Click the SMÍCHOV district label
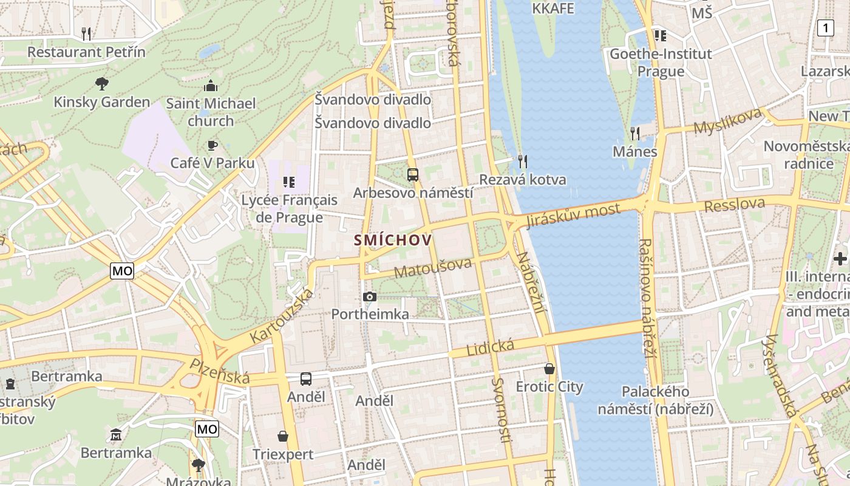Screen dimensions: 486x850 click(x=393, y=240)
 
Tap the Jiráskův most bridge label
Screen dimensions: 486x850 click(x=573, y=215)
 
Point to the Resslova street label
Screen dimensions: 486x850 click(x=734, y=205)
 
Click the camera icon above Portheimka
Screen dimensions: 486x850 click(x=369, y=296)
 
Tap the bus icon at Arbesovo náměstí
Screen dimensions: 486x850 click(x=413, y=175)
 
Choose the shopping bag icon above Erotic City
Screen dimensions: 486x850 click(x=549, y=369)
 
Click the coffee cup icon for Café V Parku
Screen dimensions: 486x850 click(x=212, y=145)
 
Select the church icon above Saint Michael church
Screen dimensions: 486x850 click(x=211, y=86)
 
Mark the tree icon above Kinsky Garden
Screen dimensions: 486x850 click(x=102, y=83)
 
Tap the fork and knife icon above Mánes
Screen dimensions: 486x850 click(x=635, y=133)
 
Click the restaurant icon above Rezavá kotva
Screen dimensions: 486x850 click(x=522, y=161)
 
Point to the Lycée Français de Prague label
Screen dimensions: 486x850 click(x=289, y=208)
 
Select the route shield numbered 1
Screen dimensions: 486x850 click(x=825, y=28)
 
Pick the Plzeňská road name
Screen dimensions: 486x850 click(x=220, y=371)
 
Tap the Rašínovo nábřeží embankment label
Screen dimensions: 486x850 click(x=648, y=297)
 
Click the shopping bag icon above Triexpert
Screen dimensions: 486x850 click(x=283, y=436)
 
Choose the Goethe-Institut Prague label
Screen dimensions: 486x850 click(x=661, y=63)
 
